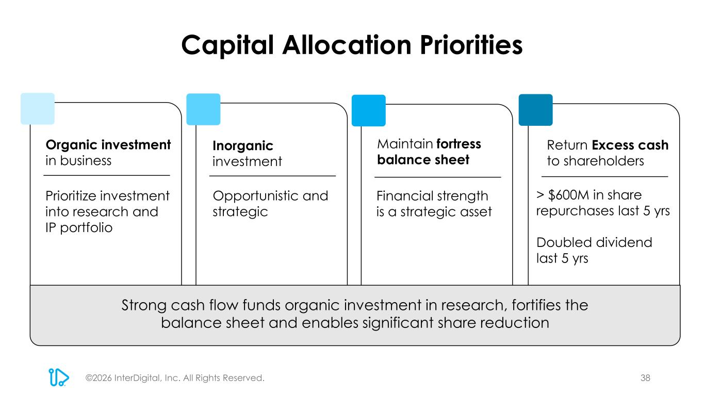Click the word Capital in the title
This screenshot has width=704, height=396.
pyautogui.click(x=227, y=45)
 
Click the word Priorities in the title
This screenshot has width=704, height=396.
pyautogui.click(x=471, y=45)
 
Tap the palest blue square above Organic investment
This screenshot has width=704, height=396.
pyautogui.click(x=38, y=108)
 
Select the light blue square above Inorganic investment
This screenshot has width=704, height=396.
pyautogui.click(x=203, y=109)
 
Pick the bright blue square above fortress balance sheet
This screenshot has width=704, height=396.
pyautogui.click(x=369, y=110)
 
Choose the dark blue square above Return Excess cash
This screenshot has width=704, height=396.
pyautogui.click(x=535, y=110)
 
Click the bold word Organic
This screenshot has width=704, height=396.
pyautogui.click(x=72, y=145)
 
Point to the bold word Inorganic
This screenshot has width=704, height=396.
pyautogui.click(x=243, y=146)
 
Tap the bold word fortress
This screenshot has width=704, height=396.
pyautogui.click(x=459, y=144)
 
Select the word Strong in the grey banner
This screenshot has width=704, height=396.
pyautogui.click(x=144, y=305)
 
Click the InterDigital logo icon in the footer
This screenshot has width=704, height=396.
pyautogui.click(x=59, y=377)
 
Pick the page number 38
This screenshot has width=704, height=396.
pyautogui.click(x=645, y=378)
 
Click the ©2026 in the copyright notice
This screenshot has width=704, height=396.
pyautogui.click(x=99, y=378)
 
